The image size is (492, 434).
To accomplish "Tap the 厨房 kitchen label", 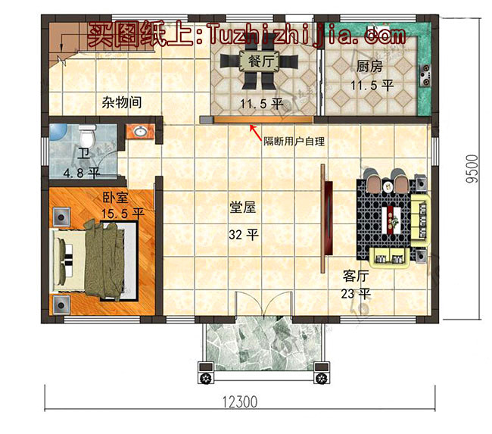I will tap(371, 67).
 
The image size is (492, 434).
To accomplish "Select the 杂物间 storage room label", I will tap(121, 102).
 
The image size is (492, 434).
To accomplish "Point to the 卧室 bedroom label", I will tap(115, 198).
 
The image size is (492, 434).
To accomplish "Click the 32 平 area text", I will tap(244, 235).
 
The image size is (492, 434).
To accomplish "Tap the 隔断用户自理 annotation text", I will tap(294, 142).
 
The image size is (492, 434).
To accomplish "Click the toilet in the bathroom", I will tap(86, 137).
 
